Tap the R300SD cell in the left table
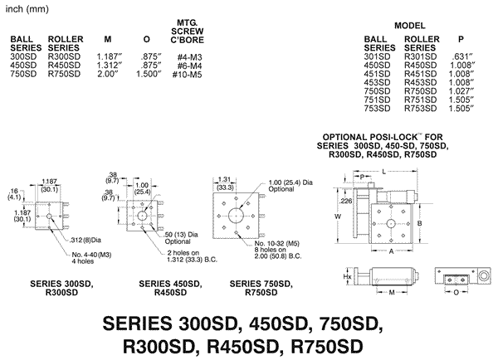[66, 55]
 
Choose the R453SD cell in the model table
[420, 81]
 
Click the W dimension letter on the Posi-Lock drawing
[337, 216]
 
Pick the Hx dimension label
[336, 279]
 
